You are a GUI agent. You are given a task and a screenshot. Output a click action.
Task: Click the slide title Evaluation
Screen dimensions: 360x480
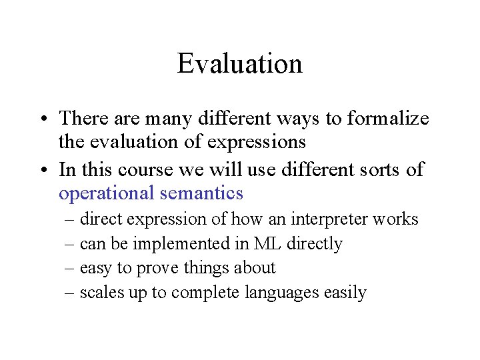[240, 64]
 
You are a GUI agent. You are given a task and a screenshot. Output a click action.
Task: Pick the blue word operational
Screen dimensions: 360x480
[107, 193]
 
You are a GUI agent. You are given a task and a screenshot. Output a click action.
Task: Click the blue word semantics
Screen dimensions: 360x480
[202, 193]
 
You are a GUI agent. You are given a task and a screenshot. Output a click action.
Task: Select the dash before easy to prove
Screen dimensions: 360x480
[70, 268]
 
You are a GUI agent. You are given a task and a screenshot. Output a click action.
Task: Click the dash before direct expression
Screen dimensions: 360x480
[70, 219]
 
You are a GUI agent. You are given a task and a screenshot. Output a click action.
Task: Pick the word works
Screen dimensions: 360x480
[397, 219]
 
